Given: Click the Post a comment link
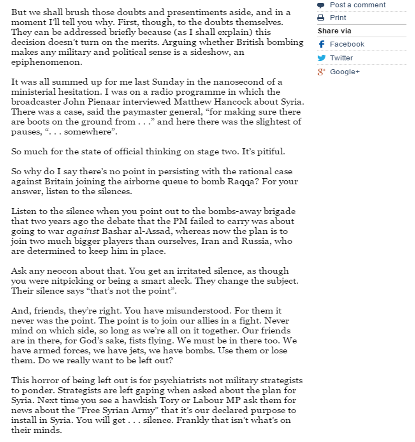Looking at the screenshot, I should click(x=357, y=5).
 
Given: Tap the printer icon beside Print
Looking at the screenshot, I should click(x=321, y=18).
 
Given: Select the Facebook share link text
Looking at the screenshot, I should click(x=347, y=44).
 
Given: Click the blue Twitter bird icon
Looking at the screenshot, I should click(x=322, y=58).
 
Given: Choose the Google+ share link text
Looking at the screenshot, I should click(x=345, y=72).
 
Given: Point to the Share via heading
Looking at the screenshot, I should click(x=334, y=31).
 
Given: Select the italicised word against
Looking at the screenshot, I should click(x=84, y=231).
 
